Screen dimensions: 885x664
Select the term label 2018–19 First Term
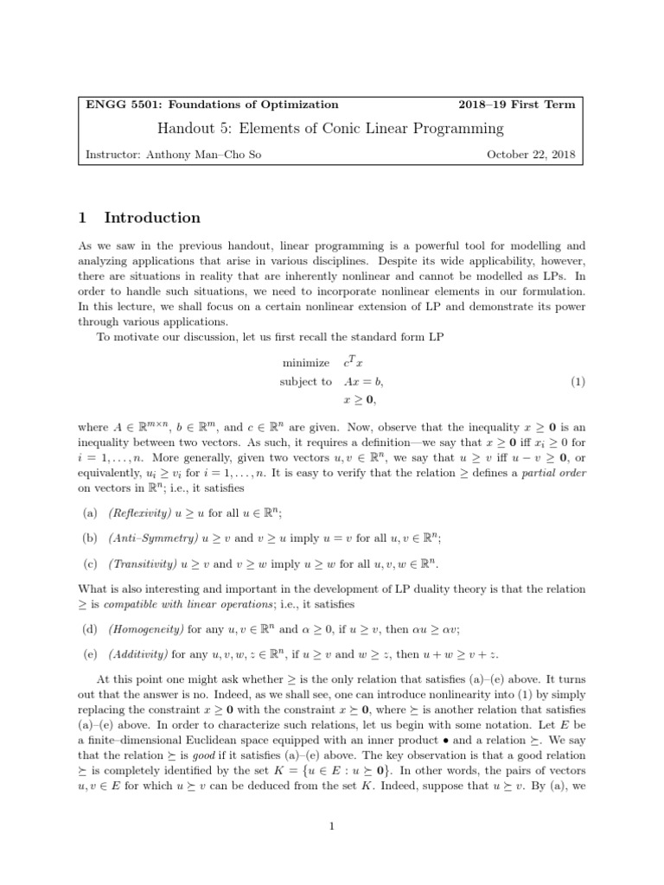click(x=515, y=105)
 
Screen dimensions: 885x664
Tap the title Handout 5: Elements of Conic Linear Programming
click(x=331, y=129)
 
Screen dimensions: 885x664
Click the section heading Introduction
click(x=152, y=218)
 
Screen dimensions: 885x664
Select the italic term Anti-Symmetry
click(x=148, y=538)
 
